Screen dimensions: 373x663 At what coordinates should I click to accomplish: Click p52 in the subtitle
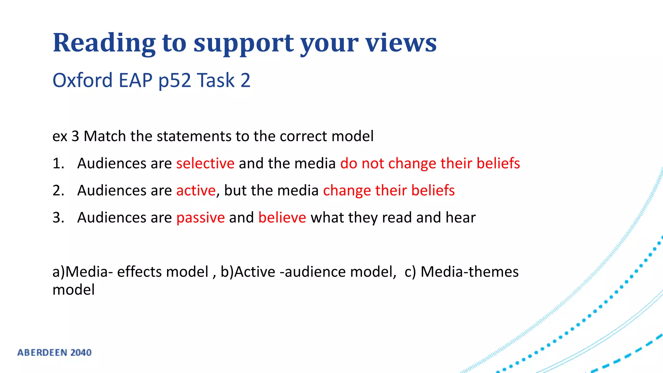pos(174,80)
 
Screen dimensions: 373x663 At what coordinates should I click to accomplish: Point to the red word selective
pos(205,163)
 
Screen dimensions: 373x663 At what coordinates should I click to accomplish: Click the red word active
pos(196,190)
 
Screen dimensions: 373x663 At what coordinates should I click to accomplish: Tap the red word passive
pos(200,218)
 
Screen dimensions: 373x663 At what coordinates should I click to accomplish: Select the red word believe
pos(282,217)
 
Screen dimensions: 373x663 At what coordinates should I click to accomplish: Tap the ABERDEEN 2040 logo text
pos(54,352)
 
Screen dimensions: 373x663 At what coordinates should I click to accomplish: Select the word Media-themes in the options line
pos(469,272)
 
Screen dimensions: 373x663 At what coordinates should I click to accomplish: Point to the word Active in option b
pos(255,272)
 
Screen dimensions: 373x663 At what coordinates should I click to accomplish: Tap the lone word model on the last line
pos(73,289)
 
